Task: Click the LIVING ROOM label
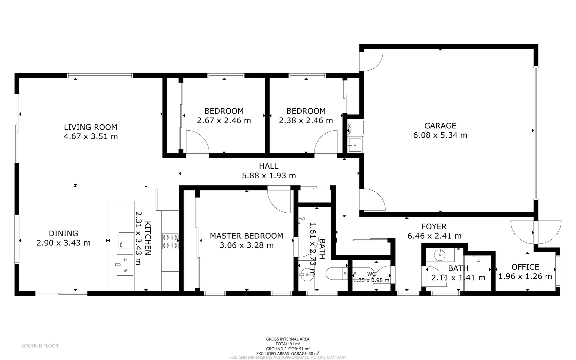pos(90,127)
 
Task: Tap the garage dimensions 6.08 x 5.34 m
pos(440,135)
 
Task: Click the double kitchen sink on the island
pos(125,265)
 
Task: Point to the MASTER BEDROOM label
pos(246,236)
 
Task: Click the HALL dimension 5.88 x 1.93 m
pos(269,176)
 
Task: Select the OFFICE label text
pos(525,267)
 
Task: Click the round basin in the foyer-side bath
pos(440,256)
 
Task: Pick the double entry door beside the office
pos(536,232)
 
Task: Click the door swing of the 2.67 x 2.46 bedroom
pos(197,142)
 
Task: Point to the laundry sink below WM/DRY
pos(355,145)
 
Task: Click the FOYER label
pos(434,227)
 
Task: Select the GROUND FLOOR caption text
pos(40,346)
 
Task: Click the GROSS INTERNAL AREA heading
pos(288,339)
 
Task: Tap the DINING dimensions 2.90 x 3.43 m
pos(63,243)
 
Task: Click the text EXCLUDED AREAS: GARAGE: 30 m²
pos(288,353)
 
